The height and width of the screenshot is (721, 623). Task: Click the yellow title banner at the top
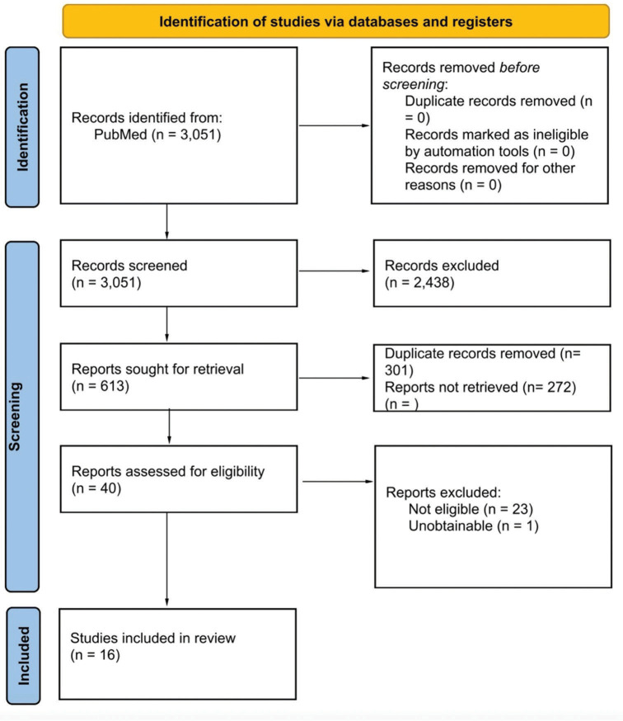tap(336, 21)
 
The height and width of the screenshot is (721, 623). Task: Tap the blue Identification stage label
tap(22, 127)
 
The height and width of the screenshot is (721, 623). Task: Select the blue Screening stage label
tap(22, 416)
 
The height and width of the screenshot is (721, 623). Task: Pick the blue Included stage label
tap(23, 656)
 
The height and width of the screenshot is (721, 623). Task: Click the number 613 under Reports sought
tap(112, 386)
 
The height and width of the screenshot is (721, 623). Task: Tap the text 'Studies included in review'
tap(153, 638)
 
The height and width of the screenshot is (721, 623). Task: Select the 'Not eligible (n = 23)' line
tap(471, 509)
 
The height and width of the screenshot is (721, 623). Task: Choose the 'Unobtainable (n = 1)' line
tap(473, 525)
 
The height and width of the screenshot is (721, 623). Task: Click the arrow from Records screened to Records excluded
tap(335, 271)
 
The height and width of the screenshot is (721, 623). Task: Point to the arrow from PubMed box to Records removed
tap(335, 125)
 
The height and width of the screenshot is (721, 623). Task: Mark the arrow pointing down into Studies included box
tap(166, 559)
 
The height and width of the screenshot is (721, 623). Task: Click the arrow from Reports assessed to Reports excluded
tap(338, 482)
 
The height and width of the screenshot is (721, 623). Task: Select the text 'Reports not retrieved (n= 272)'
tap(480, 387)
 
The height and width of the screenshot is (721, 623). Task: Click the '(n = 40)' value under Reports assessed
tap(96, 488)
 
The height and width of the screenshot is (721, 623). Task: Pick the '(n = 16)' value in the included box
tap(95, 655)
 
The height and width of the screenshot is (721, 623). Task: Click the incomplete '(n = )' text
tap(401, 403)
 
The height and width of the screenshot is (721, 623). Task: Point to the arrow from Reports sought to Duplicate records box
tap(335, 378)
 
